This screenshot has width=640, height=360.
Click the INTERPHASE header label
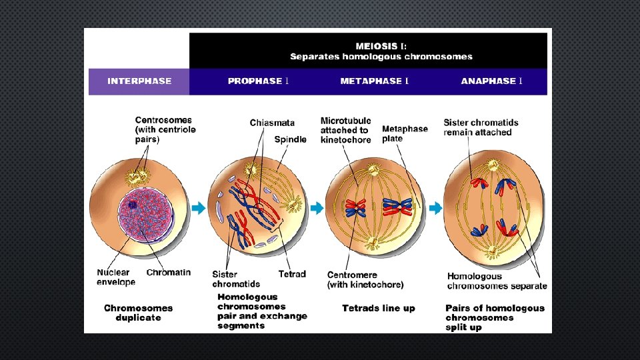(x=139, y=81)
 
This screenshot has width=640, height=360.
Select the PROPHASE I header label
(x=258, y=81)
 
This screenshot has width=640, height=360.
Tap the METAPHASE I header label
(x=375, y=81)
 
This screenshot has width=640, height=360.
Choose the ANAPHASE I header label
(x=491, y=81)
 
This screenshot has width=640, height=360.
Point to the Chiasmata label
(x=272, y=123)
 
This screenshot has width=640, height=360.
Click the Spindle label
(x=291, y=139)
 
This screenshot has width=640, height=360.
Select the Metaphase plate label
(x=405, y=133)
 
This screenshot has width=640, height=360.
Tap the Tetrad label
(x=292, y=274)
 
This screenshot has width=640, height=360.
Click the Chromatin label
(x=169, y=272)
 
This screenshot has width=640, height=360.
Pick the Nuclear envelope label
(x=116, y=277)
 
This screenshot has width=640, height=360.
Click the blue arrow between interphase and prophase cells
(x=199, y=209)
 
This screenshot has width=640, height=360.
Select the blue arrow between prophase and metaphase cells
(x=316, y=209)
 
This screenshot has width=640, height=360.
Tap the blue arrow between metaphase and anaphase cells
(x=435, y=209)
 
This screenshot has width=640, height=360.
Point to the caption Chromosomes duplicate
(x=138, y=313)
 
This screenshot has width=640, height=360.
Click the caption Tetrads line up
(x=378, y=308)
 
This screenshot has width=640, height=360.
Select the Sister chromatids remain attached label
(x=481, y=127)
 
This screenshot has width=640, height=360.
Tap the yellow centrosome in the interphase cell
(x=139, y=176)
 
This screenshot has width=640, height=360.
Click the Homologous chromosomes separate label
(x=497, y=281)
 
